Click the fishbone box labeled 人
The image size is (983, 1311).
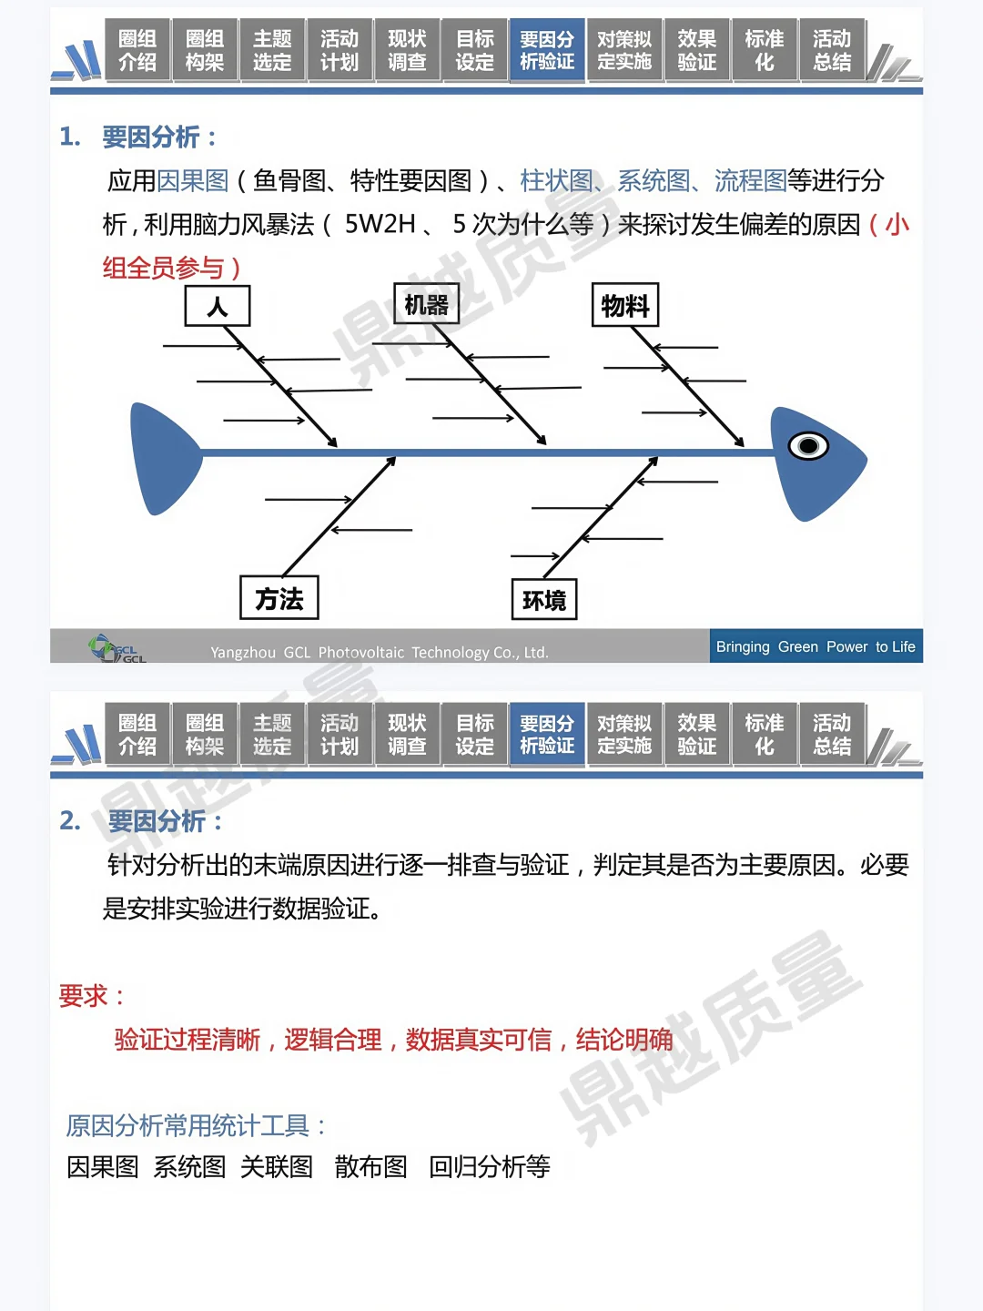218,306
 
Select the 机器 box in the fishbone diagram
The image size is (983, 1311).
426,304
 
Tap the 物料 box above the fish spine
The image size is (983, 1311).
625,305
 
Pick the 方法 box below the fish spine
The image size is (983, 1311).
279,598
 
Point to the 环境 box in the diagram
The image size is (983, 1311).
544,600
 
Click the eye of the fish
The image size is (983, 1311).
808,446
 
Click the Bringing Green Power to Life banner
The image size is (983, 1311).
816,646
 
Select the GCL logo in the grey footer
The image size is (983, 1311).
117,648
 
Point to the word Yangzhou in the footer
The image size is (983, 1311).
243,653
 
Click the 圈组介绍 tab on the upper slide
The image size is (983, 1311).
137,51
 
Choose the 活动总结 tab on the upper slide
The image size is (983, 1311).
832,51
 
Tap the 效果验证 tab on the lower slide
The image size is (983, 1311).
697,735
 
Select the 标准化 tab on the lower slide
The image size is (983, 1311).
765,735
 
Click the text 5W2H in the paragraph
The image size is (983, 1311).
380,224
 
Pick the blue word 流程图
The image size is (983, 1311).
750,180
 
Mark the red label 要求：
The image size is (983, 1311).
92,995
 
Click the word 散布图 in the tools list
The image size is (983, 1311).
370,1166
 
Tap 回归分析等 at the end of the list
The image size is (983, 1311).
490,1166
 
